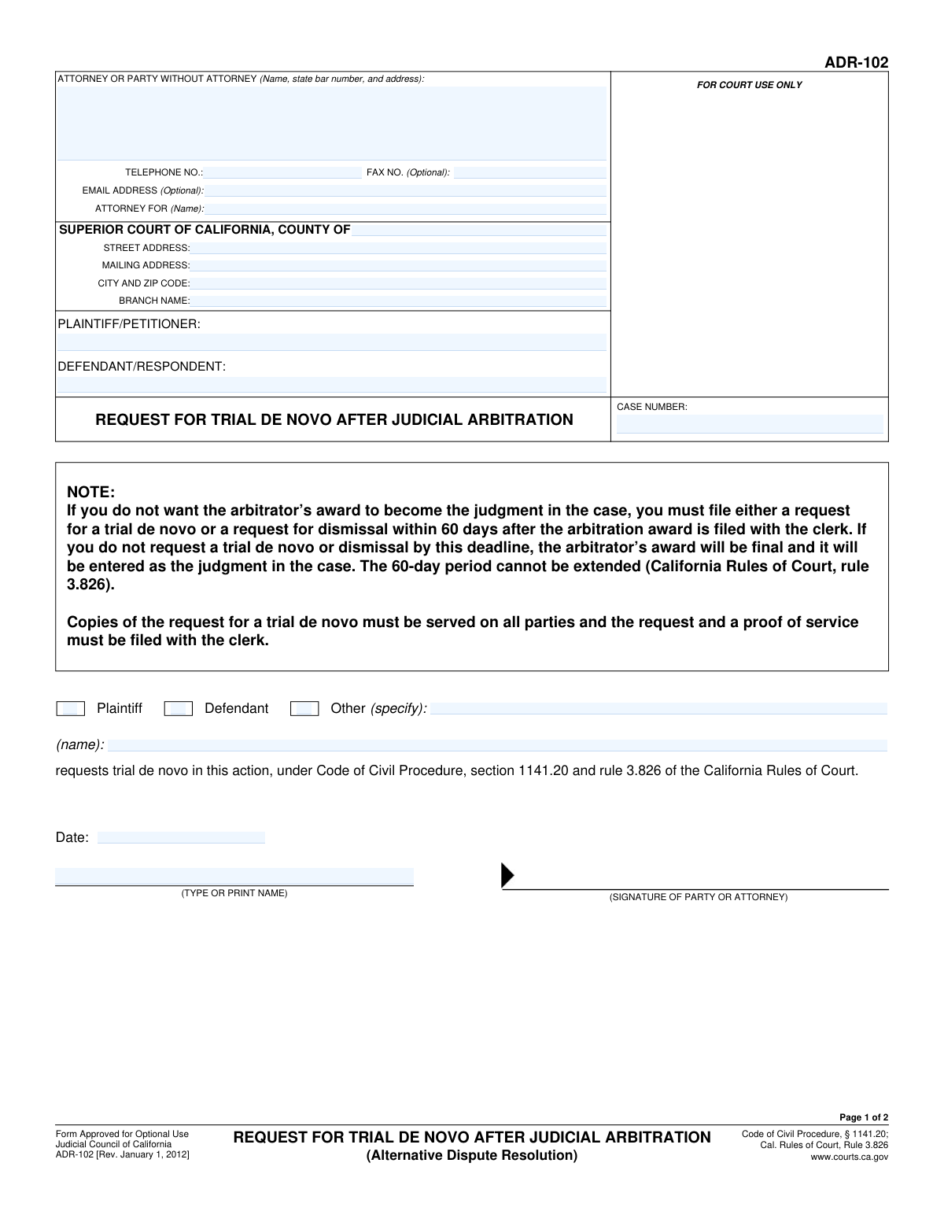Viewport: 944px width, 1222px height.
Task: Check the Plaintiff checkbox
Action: click(71, 709)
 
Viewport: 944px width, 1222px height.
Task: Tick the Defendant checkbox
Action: click(178, 709)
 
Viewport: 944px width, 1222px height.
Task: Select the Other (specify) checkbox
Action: click(304, 709)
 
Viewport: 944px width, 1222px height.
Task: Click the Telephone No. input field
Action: click(282, 172)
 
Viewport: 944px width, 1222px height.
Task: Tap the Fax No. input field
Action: click(529, 172)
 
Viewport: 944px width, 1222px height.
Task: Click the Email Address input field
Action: click(405, 190)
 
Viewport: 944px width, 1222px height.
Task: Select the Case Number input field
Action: click(750, 424)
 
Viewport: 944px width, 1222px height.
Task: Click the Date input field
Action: click(181, 837)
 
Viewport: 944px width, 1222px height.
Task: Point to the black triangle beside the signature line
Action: click(507, 875)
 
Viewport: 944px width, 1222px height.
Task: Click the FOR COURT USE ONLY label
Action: click(749, 85)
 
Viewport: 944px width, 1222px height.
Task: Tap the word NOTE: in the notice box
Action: click(91, 493)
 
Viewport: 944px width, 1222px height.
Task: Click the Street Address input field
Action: click(398, 248)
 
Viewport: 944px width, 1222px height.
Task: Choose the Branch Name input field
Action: click(398, 301)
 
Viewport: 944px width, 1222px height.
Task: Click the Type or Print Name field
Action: click(234, 876)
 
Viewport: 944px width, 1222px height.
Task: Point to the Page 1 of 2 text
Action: click(864, 1117)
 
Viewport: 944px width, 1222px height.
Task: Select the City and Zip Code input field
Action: click(398, 283)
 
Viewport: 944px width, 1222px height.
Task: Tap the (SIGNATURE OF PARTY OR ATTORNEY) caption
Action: click(698, 897)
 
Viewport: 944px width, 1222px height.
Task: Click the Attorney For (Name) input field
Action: click(405, 209)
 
